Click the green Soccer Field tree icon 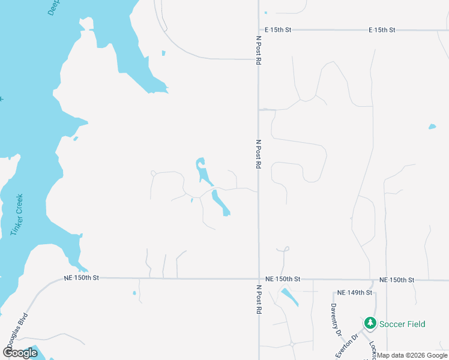[x=370, y=324]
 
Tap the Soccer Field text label [x=402, y=325]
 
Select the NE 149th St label [x=355, y=293]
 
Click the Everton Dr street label [x=346, y=346]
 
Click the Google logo [x=20, y=353]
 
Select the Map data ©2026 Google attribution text [x=412, y=355]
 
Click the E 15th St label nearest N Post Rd [x=279, y=29]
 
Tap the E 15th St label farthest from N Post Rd [x=382, y=29]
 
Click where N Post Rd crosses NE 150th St [x=259, y=279]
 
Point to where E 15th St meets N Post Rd [x=259, y=29]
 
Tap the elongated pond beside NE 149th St [x=289, y=296]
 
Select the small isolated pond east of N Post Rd [x=432, y=127]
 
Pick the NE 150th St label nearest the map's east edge [x=397, y=280]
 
